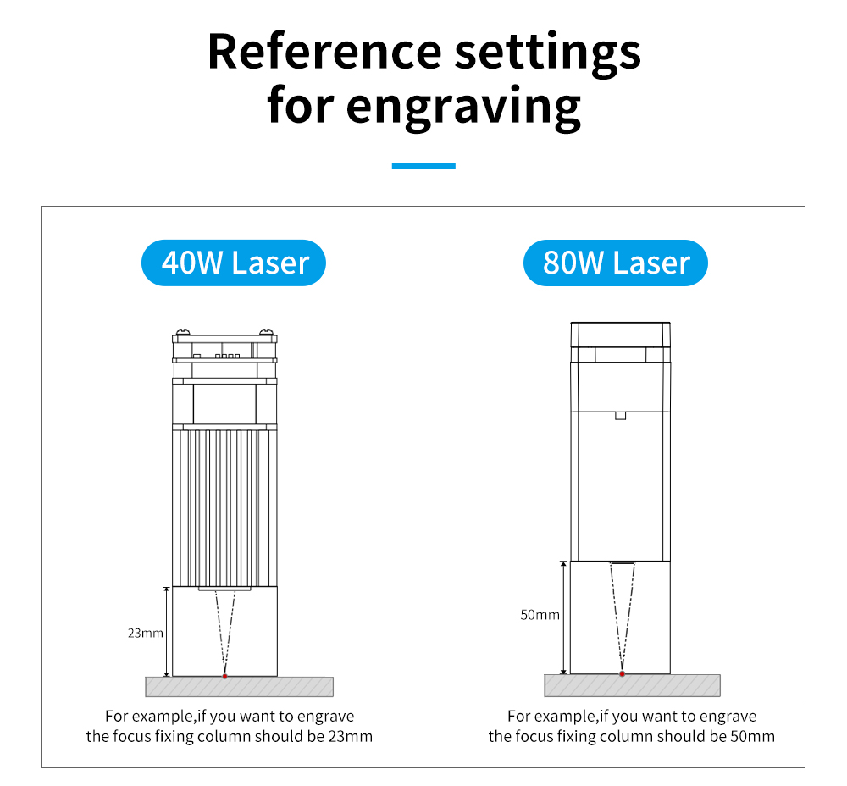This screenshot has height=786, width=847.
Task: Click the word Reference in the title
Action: point(325,51)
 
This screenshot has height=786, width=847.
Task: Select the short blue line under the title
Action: point(423,166)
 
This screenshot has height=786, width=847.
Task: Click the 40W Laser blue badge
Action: point(234,263)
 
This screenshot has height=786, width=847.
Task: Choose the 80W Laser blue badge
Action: point(615,263)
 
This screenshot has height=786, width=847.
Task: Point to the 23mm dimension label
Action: point(146,632)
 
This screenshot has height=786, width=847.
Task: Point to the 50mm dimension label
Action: point(540,615)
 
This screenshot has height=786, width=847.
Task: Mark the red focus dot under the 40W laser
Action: point(224,676)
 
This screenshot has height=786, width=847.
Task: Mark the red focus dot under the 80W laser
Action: point(622,674)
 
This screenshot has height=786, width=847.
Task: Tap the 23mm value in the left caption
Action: point(351,736)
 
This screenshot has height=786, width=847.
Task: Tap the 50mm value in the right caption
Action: point(752,736)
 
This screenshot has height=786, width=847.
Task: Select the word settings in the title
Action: point(547,51)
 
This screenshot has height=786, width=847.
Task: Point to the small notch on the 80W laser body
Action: point(620,415)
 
